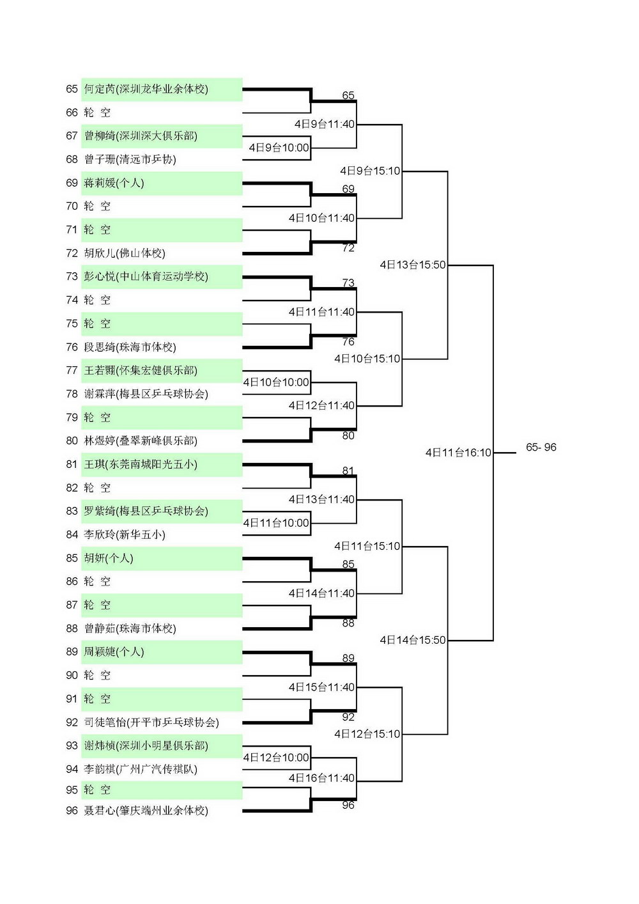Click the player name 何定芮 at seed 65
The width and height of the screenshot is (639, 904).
point(99,89)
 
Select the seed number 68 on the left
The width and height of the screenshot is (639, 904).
point(72,159)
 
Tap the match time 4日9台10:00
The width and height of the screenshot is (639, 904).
point(279,148)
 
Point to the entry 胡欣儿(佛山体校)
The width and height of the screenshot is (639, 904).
point(125,253)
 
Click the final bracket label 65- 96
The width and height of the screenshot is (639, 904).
point(541,447)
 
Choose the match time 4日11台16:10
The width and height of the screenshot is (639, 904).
point(458,453)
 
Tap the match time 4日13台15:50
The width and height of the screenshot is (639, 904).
point(413,265)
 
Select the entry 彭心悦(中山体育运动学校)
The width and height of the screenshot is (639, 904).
point(146,276)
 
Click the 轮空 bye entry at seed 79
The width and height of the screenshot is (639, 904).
point(97,417)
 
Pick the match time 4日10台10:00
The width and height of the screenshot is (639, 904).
point(276,382)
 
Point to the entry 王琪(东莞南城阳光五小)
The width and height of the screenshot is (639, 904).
point(141,464)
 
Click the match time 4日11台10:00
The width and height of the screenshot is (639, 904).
point(276,523)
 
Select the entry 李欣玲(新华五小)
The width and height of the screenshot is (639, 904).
point(125,534)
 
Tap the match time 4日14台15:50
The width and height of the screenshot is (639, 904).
point(413,640)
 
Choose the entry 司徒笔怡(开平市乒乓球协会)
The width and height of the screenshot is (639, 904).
point(151,722)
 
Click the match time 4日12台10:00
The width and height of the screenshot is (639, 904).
point(276,758)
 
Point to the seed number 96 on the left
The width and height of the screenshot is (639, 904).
point(72,811)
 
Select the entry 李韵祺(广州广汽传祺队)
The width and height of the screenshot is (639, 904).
point(141,769)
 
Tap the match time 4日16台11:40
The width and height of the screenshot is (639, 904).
point(321,777)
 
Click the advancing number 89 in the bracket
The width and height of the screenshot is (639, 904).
point(348,659)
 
